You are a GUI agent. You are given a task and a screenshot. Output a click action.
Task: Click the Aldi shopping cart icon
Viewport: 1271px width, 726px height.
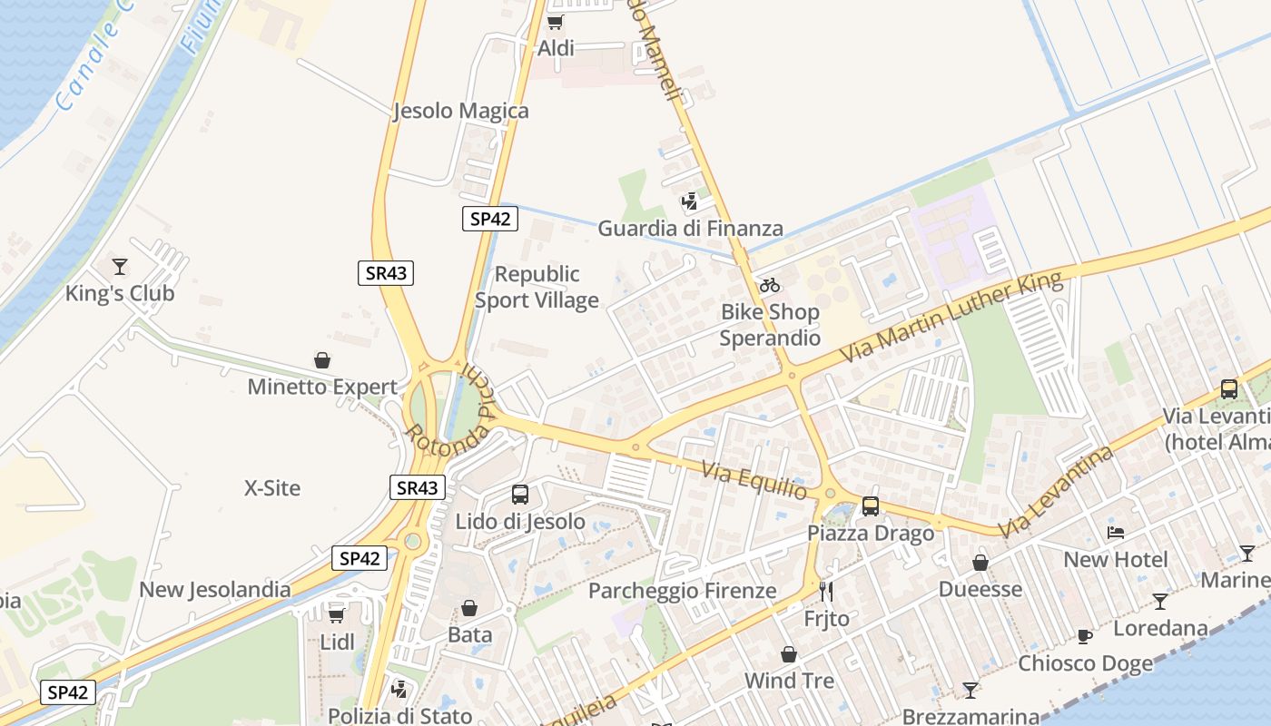tap(555, 22)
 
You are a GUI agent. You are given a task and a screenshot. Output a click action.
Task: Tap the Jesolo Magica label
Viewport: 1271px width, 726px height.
tap(461, 111)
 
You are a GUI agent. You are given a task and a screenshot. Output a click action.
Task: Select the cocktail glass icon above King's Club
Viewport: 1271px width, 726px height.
tap(120, 267)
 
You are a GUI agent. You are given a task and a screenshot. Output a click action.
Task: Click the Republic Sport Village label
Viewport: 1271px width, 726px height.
tap(537, 287)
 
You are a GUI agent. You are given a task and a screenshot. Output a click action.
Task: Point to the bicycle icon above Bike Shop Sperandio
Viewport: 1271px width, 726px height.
tap(770, 285)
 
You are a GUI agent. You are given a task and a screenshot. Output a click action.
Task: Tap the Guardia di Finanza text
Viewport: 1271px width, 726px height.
tap(690, 229)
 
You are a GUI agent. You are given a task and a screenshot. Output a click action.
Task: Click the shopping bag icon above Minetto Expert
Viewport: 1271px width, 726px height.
tap(322, 360)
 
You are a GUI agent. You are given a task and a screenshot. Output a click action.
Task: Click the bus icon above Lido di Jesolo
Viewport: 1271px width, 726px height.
tap(520, 495)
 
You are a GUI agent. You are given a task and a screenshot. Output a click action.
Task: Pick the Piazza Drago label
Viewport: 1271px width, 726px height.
tap(871, 533)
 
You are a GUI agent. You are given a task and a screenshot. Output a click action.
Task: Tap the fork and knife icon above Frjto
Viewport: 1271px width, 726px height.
tap(826, 592)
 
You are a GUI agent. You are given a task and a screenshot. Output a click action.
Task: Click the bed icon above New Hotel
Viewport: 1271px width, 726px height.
tap(1116, 533)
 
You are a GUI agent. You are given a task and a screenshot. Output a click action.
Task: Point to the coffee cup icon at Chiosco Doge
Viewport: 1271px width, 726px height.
tap(1085, 636)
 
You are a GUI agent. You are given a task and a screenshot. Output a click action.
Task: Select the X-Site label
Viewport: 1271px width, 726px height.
tap(272, 488)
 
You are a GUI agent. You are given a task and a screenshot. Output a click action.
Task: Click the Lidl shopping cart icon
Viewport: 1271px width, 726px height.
tap(337, 614)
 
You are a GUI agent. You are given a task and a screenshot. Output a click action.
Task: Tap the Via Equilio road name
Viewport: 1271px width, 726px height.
tap(755, 480)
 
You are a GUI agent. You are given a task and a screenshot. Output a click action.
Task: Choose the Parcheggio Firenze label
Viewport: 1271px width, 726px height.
tap(683, 591)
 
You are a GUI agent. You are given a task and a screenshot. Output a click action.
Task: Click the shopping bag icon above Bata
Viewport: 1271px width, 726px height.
tap(469, 608)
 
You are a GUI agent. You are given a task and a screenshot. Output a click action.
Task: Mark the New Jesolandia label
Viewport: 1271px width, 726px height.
tap(215, 590)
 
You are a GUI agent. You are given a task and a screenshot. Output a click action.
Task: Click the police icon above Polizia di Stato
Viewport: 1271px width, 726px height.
tap(399, 690)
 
